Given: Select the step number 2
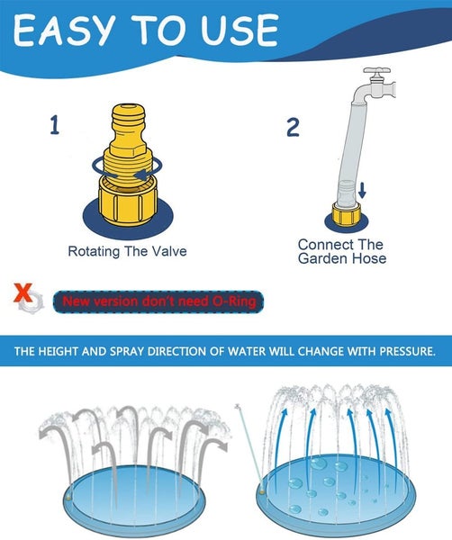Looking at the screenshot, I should [x=293, y=127].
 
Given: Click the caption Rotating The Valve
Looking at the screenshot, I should [x=127, y=251].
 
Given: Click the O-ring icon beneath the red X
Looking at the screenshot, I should [x=30, y=306].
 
